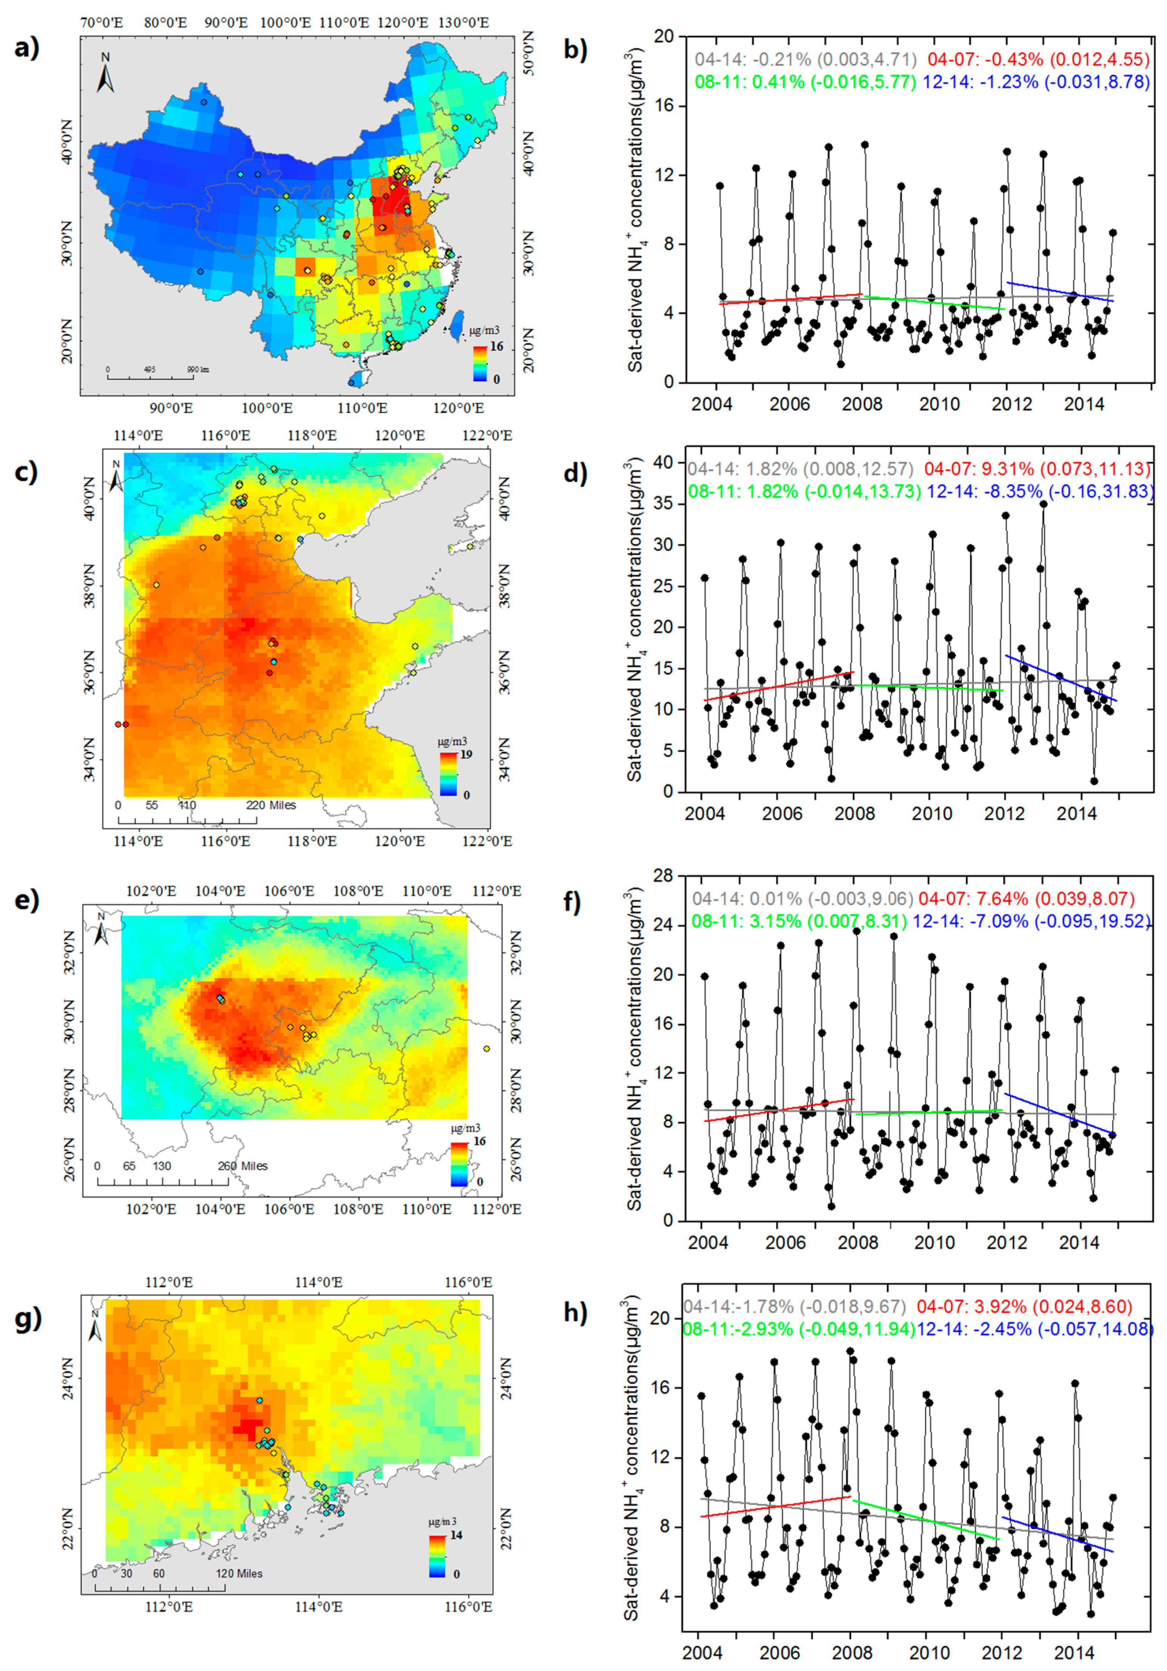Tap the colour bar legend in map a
480,363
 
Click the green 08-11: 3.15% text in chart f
747,921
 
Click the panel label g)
27,1317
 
